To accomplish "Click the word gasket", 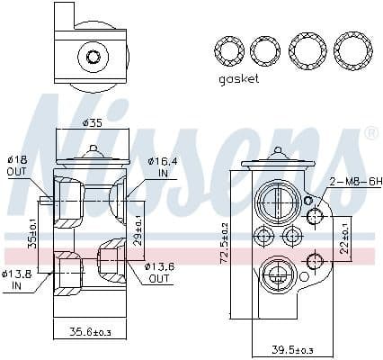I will [238, 79].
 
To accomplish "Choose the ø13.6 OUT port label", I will [161, 273].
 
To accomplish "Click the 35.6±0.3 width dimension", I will [90, 332].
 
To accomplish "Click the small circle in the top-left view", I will [93, 58].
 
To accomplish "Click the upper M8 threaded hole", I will [314, 216].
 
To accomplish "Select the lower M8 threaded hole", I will [314, 260].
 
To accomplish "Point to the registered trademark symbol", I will [371, 134].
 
